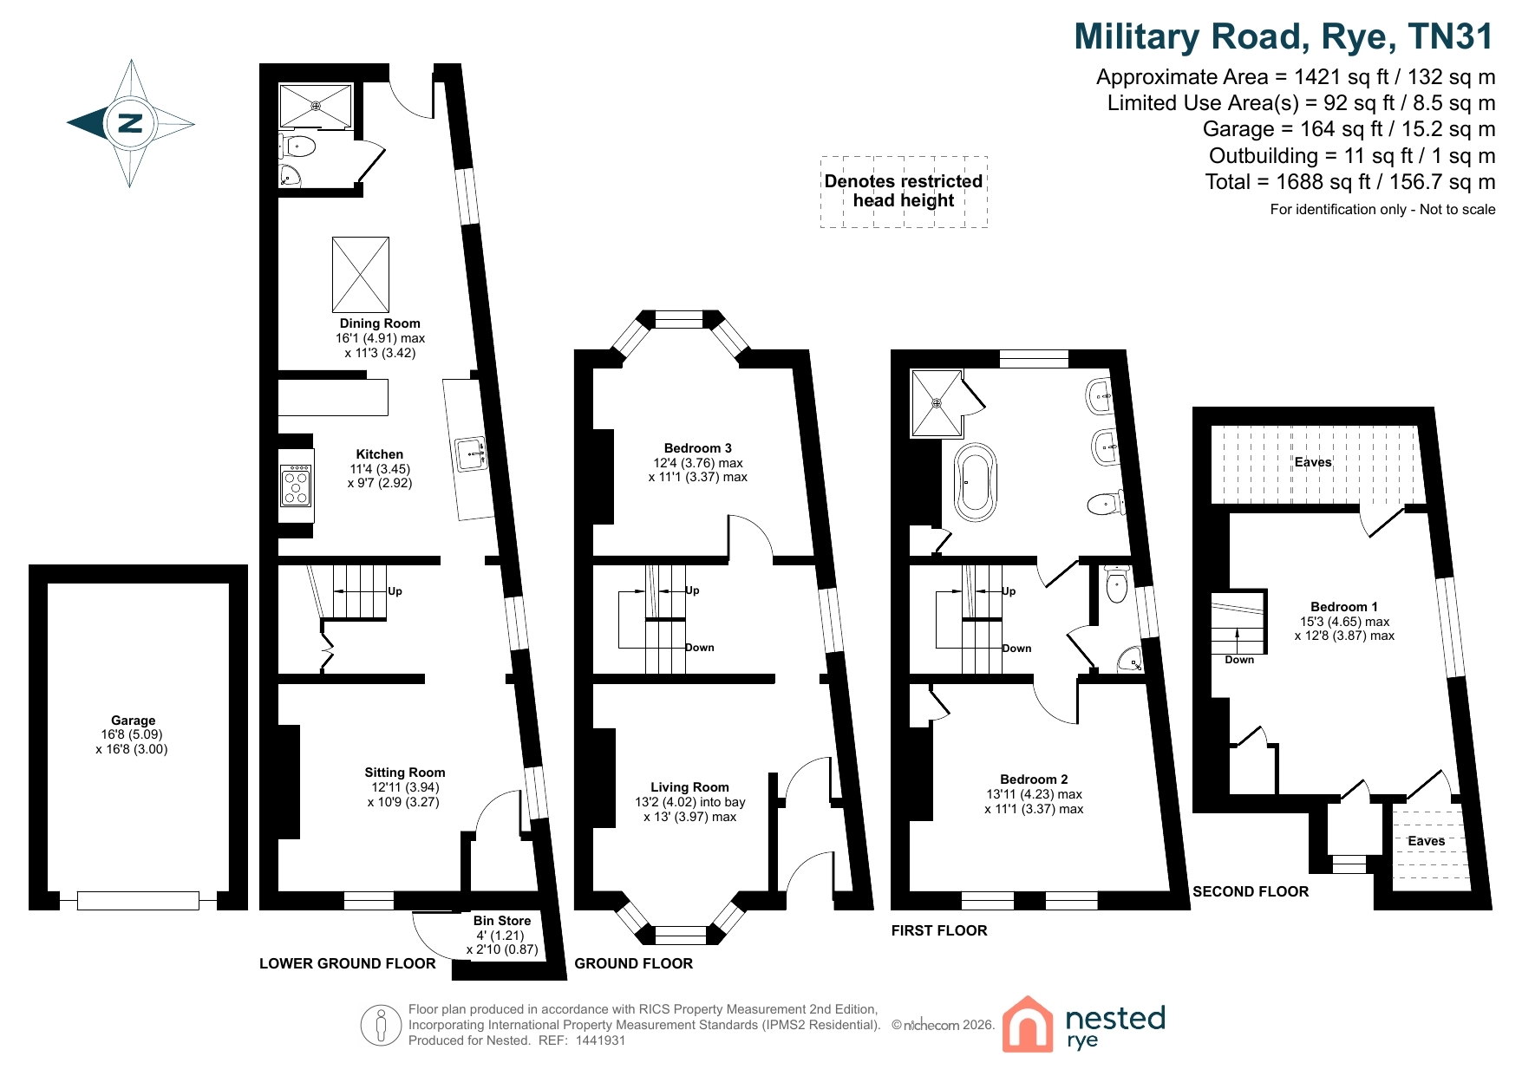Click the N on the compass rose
(130, 123)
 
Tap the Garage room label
(133, 721)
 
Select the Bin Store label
(502, 921)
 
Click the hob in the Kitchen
(296, 486)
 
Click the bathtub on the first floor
(976, 482)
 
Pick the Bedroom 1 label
(1344, 607)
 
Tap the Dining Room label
(380, 323)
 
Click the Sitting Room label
(405, 773)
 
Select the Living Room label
(690, 787)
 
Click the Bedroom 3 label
(698, 448)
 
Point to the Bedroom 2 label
(1034, 779)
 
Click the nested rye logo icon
(1027, 1024)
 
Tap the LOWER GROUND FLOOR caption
(348, 963)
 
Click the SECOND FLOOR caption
(1251, 891)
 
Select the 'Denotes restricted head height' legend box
(904, 192)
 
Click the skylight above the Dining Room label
(361, 275)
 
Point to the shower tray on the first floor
(937, 403)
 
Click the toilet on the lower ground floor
(297, 145)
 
